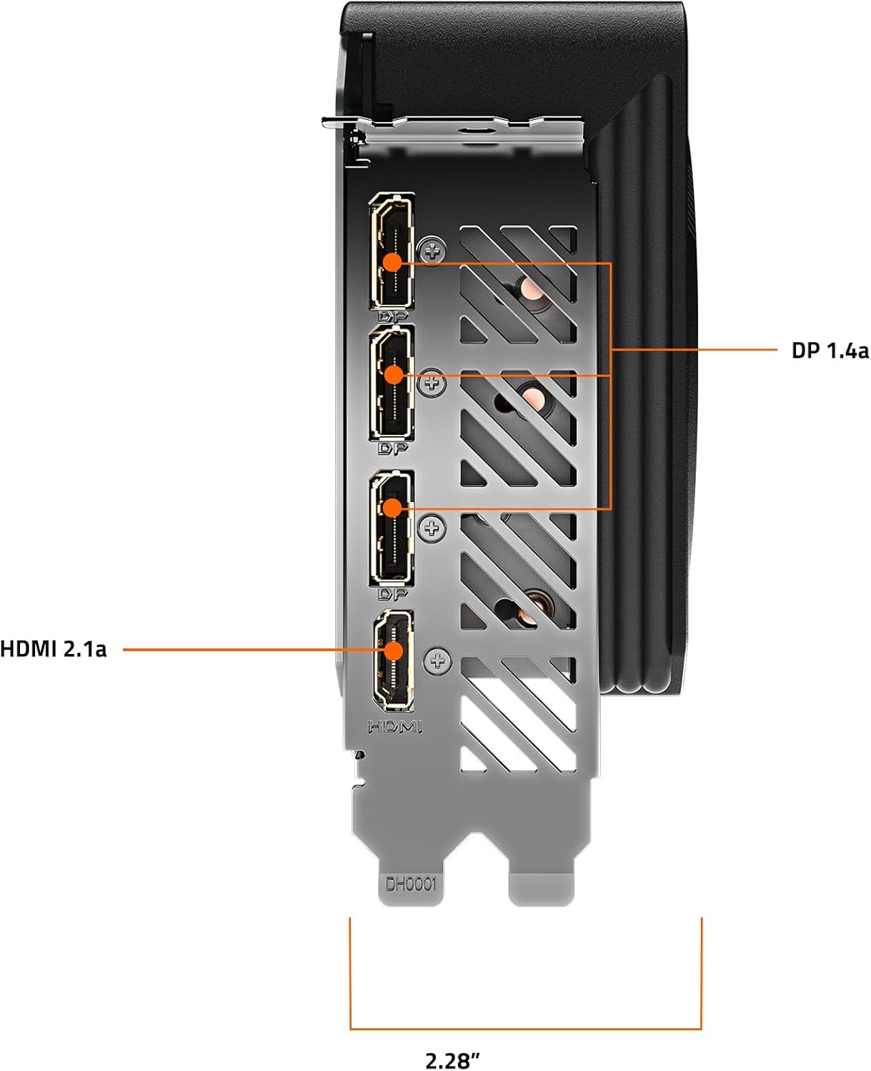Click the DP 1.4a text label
click(830, 351)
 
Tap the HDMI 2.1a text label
click(54, 649)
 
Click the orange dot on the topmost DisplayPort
click(392, 263)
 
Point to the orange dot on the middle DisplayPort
click(394, 375)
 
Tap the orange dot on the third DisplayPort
click(392, 508)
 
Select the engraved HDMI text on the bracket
click(395, 727)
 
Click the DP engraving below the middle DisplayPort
click(392, 448)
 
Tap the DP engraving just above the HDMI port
click(392, 595)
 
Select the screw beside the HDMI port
click(438, 660)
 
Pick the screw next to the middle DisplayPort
click(432, 383)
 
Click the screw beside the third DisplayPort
click(432, 528)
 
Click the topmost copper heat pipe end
click(534, 288)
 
